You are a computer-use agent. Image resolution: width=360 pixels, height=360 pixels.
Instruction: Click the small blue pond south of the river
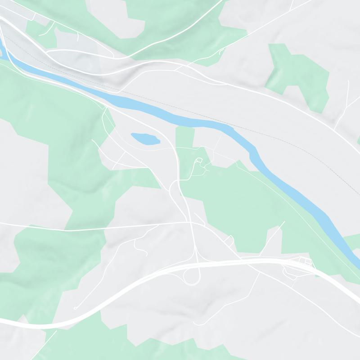tap(145, 138)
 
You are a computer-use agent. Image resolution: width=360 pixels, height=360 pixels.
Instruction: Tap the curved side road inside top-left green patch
tap(45, 29)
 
